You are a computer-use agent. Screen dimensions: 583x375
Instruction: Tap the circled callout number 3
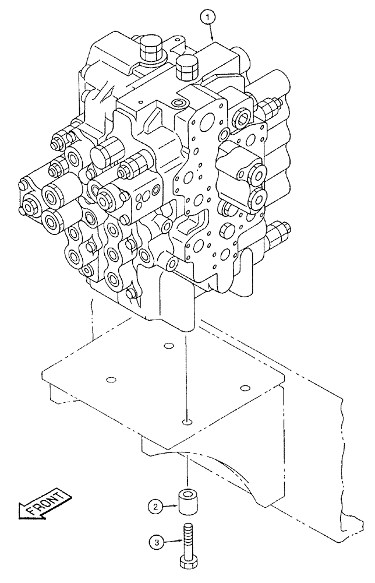click(x=155, y=542)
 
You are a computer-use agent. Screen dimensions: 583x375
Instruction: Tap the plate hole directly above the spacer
click(x=185, y=421)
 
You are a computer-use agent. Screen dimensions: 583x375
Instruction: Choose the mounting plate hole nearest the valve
click(x=168, y=346)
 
